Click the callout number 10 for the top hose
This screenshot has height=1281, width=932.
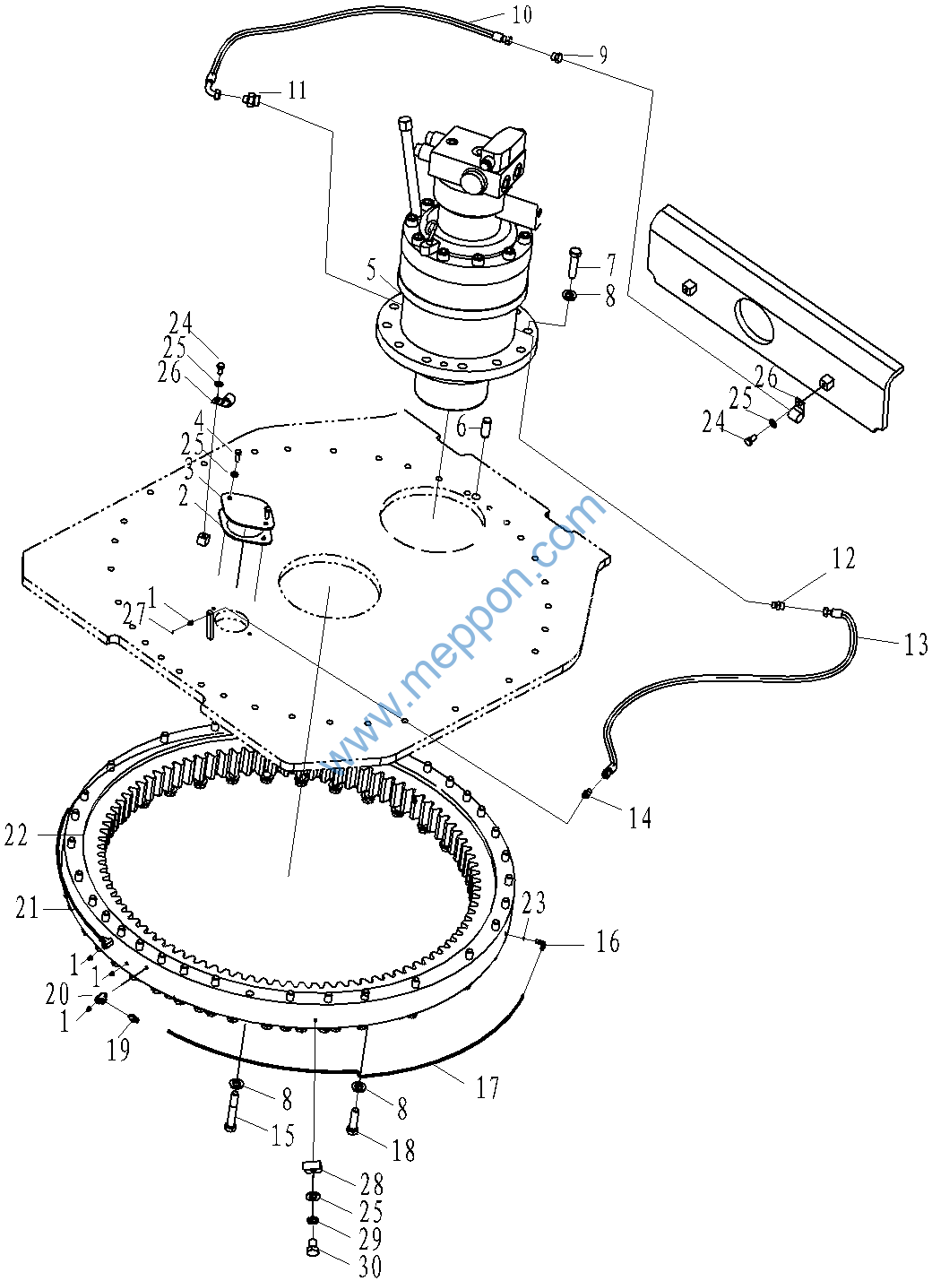click(521, 15)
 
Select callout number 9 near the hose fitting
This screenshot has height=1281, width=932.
click(602, 56)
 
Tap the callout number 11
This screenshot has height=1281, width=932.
click(297, 91)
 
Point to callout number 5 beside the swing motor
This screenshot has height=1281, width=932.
click(372, 270)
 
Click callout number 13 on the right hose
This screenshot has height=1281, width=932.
click(916, 645)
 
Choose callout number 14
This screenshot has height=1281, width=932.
click(641, 819)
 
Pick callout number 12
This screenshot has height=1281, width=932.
click(843, 558)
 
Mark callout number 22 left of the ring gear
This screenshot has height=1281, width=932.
click(16, 836)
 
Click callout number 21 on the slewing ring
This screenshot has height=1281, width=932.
click(27, 908)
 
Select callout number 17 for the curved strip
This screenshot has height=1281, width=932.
click(488, 1087)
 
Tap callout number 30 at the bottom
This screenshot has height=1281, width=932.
click(370, 1268)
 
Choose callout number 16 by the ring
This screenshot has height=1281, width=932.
click(608, 940)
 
